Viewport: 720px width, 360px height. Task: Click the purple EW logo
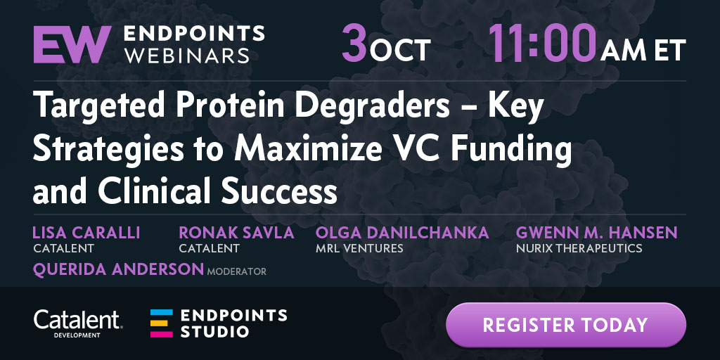[72, 44]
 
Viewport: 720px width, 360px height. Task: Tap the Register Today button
[566, 325]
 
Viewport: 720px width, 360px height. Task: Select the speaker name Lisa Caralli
[86, 233]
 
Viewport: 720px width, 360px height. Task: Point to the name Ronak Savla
[236, 233]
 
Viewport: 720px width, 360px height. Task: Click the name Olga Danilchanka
[402, 233]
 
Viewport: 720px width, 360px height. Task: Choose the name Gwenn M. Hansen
[596, 233]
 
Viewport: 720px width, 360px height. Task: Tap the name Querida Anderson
[118, 269]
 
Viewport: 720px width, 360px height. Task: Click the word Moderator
[236, 271]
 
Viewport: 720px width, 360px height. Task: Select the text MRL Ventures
[359, 249]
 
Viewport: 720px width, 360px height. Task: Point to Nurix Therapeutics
[579, 249]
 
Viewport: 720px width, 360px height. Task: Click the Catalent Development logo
[77, 323]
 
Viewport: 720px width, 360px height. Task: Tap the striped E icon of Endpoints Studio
[162, 323]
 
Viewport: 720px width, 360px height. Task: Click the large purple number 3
[354, 44]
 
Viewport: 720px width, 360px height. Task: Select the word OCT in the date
[400, 50]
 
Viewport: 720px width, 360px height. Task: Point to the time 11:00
[542, 44]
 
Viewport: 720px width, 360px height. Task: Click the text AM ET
[643, 50]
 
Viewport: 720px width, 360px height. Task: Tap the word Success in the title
[279, 192]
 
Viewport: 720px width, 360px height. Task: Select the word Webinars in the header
[187, 56]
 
